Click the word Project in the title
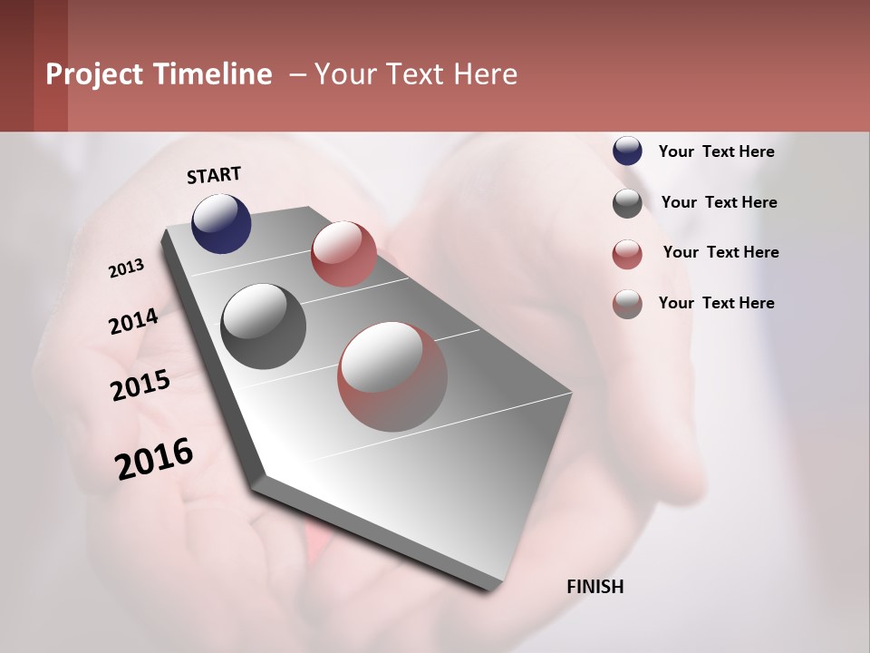pos(95,74)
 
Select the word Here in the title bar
pos(485,74)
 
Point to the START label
pos(214,175)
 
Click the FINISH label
pos(595,587)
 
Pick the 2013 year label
pos(126,268)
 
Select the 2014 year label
pos(133,322)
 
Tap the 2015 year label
pos(140,385)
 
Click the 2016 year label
pos(154,459)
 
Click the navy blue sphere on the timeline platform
pos(221,223)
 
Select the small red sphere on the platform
pos(343,253)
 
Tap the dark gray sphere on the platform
pos(263,326)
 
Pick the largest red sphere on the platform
pos(392,376)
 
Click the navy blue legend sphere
pos(627,151)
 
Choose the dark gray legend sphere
pos(627,203)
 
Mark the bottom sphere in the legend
pos(627,304)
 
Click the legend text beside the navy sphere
pos(716,151)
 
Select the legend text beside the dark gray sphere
pos(719,202)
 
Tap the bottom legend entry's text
pos(716,303)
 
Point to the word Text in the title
pos(411,74)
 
